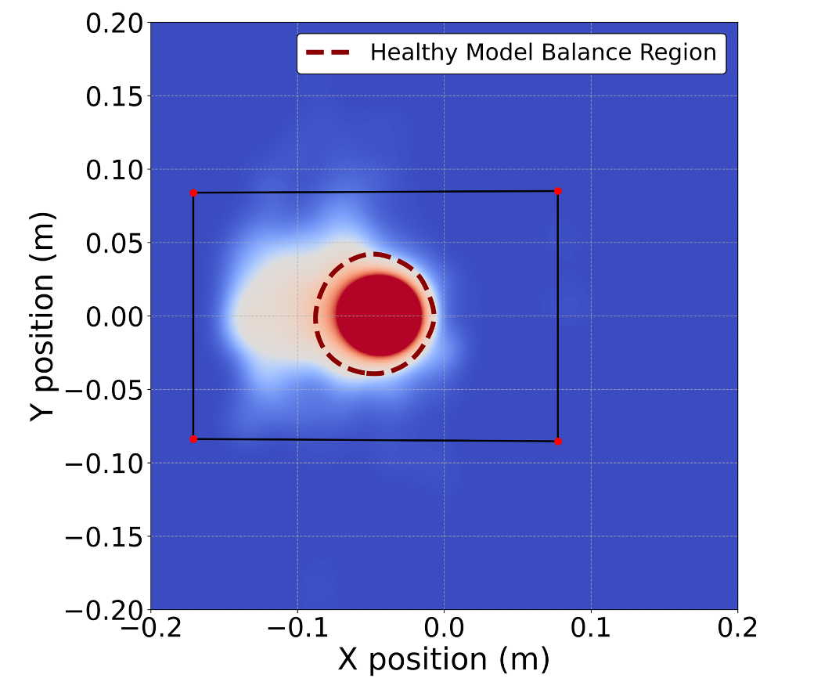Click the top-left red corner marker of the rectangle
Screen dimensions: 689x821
(193, 193)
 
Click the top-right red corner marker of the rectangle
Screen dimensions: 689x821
(558, 191)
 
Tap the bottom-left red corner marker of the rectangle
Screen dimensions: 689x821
(193, 439)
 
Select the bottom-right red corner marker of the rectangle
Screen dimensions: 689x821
(558, 442)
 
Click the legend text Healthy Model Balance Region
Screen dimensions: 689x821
(543, 52)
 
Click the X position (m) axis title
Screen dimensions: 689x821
(444, 659)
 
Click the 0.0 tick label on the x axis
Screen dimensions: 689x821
(444, 628)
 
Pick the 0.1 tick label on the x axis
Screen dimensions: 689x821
(591, 628)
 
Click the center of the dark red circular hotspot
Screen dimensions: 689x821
(380, 315)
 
